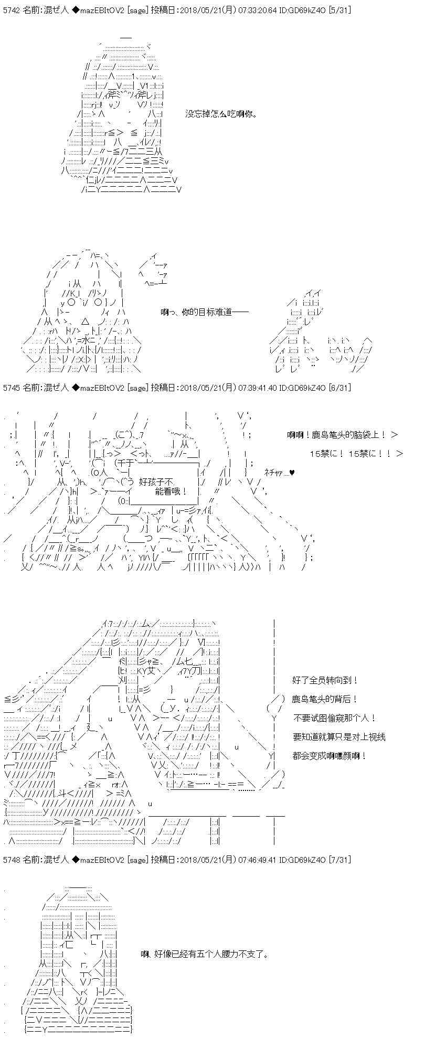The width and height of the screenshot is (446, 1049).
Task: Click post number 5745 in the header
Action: coord(12,388)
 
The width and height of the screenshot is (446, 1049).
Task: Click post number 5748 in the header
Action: coord(12,860)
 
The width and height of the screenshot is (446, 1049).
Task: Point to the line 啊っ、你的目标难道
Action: coord(196,312)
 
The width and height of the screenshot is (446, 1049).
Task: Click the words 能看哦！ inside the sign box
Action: coord(171,491)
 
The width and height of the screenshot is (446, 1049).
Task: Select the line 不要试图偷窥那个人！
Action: coord(334,718)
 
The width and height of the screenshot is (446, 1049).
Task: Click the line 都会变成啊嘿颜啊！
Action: coord(330,756)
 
